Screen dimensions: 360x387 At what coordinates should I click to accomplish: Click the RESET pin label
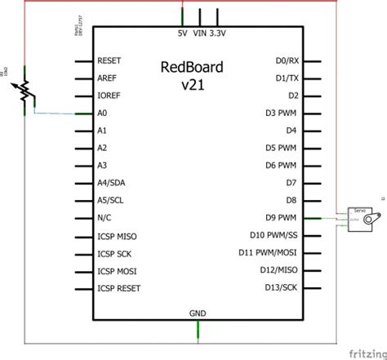[x=109, y=60]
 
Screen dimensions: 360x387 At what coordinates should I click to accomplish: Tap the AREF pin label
[x=108, y=78]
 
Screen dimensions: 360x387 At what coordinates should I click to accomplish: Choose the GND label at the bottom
[x=198, y=313]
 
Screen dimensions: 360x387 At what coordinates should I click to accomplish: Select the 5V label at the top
[x=181, y=34]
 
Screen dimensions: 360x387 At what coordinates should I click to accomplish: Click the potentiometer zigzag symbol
[x=27, y=91]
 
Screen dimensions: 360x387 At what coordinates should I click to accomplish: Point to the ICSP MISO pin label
[x=116, y=235]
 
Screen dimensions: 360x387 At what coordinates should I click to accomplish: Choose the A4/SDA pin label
[x=111, y=183]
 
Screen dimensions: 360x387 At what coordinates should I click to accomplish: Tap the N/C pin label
[x=105, y=218]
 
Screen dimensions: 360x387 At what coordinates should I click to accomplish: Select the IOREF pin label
[x=109, y=96]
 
